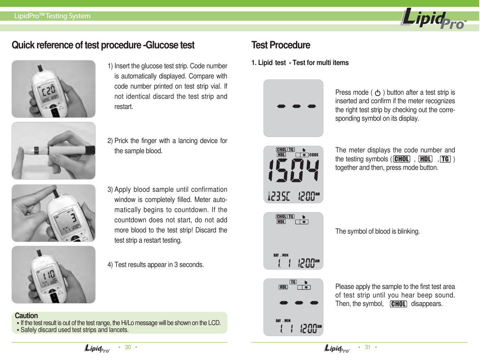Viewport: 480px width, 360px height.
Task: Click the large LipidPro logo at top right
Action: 433,20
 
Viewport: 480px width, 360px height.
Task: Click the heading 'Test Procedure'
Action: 281,45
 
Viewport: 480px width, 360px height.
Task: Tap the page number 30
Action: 128,347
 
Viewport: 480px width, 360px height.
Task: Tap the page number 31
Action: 368,347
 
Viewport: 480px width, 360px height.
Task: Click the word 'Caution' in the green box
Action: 26,316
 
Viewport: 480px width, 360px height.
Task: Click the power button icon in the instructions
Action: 378,93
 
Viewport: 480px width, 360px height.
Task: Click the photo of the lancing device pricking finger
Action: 53,151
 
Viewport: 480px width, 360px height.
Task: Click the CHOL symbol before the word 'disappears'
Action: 398,304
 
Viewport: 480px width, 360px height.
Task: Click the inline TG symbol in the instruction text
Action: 445,159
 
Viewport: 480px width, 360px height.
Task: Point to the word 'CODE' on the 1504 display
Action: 314,155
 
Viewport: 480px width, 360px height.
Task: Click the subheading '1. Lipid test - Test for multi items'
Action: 300,63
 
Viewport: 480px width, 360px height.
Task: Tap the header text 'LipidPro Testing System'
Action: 52,16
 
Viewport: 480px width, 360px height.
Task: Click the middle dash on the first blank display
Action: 296,106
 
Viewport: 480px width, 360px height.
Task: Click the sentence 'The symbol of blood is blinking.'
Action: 377,232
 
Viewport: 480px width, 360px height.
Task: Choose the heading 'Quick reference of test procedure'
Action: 103,45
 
